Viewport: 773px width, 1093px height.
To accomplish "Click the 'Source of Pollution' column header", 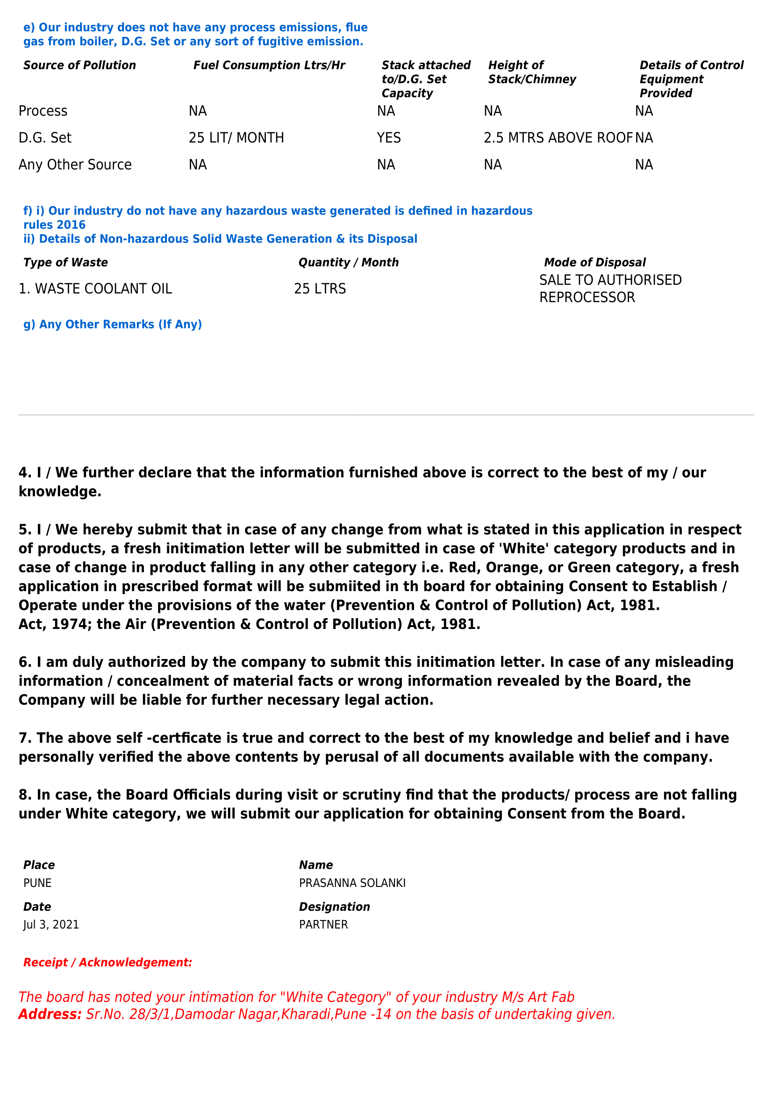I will click(79, 65).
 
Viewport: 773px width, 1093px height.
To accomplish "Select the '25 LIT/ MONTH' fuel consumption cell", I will click(236, 137).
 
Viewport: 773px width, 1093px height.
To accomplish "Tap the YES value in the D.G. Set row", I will click(388, 137).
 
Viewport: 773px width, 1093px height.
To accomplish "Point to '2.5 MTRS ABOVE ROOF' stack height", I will click(558, 137).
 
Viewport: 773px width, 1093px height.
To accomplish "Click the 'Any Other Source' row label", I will click(75, 164).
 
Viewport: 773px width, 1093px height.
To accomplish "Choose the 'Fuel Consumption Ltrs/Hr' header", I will click(269, 65).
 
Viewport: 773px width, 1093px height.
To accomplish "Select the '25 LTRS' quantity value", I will click(320, 288).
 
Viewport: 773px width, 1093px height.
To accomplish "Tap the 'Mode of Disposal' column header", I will click(594, 262).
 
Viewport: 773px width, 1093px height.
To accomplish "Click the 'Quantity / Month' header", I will click(349, 262).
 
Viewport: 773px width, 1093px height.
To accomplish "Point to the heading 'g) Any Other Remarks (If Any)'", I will click(113, 324).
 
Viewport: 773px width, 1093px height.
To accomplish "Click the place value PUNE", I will click(37, 883).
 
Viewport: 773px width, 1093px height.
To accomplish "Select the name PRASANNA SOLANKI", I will click(352, 883).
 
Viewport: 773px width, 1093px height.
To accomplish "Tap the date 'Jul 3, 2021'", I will click(51, 924).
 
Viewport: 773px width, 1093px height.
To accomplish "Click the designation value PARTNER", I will click(323, 924).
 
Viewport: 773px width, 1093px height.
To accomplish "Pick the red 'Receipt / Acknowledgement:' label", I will click(107, 963).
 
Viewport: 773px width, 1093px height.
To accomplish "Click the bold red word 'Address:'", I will click(50, 1014).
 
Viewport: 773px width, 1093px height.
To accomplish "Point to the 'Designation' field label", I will click(334, 907).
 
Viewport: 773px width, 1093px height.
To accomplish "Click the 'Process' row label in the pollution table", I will click(43, 111).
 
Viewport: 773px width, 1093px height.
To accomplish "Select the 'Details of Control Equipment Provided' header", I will click(691, 79).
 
